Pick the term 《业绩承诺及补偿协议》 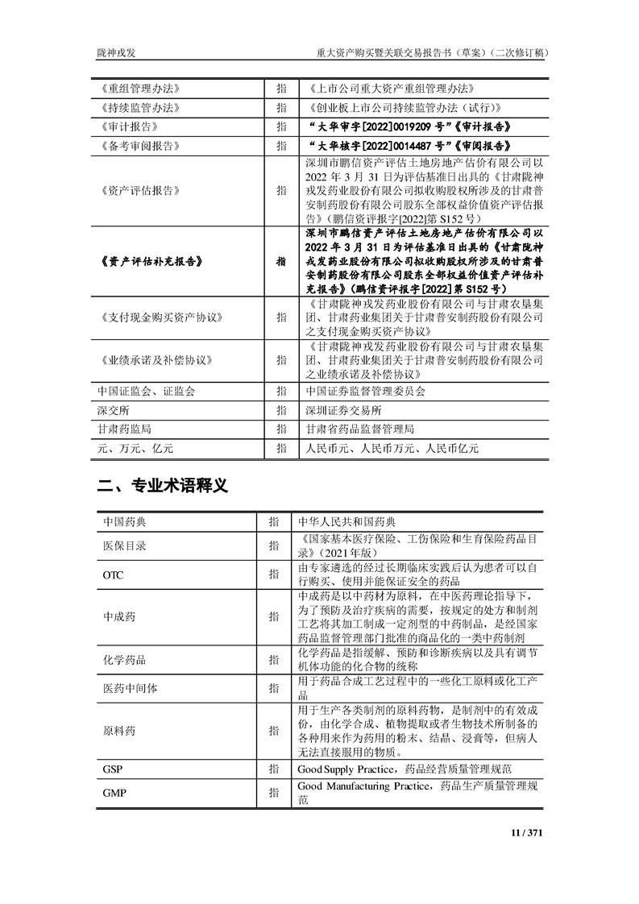tap(153, 360)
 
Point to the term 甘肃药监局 tap(123, 429)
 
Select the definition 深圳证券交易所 tap(336, 410)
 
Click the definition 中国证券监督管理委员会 tap(361, 391)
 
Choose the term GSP tap(112, 769)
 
